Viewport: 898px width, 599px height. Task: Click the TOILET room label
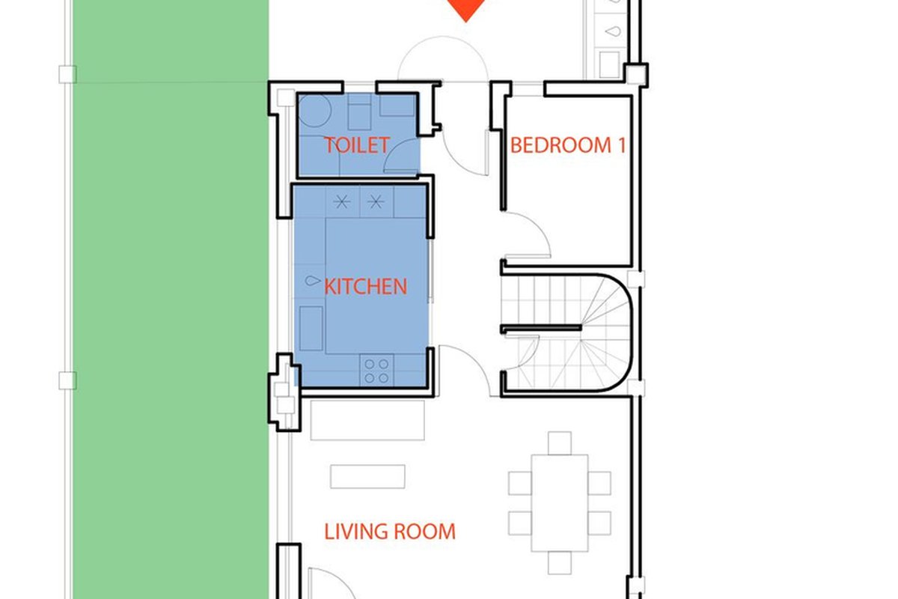356,145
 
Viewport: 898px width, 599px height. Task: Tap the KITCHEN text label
365,287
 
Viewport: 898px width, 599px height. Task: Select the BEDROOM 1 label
568,145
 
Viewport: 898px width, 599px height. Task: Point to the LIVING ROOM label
390,532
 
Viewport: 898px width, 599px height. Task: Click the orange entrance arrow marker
465,10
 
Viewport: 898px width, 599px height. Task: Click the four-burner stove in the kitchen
376,370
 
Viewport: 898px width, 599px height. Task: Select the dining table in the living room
560,503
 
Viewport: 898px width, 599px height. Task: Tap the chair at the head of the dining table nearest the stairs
560,443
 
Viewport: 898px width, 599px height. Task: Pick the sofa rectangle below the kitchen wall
367,420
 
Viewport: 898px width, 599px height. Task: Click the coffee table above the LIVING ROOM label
367,477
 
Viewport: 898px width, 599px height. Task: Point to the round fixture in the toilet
315,110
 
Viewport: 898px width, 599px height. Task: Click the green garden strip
171,299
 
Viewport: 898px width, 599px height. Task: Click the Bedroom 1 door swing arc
540,227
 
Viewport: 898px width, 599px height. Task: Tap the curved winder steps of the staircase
605,332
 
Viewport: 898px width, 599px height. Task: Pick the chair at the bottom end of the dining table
560,563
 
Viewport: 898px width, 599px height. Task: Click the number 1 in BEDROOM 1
622,145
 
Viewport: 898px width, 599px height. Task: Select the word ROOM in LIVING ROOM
425,532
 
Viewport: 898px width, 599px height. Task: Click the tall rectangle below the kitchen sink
311,329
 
